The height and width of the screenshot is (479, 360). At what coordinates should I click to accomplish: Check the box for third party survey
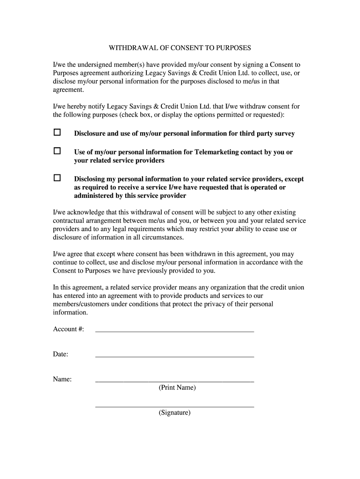pos(57,132)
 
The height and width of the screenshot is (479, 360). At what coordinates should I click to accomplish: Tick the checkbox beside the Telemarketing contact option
pos(57,151)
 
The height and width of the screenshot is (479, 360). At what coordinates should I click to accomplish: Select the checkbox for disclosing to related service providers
pos(57,178)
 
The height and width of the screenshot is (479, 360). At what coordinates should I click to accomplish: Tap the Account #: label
pos(68,329)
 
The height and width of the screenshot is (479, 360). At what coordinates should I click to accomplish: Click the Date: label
pos(61,354)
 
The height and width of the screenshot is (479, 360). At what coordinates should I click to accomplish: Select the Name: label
pos(62,379)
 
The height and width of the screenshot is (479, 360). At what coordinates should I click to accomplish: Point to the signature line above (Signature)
pos(174,406)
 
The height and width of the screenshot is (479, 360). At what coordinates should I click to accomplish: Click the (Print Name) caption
pos(177,388)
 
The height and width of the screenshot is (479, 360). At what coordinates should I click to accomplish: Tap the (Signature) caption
pos(174,413)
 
